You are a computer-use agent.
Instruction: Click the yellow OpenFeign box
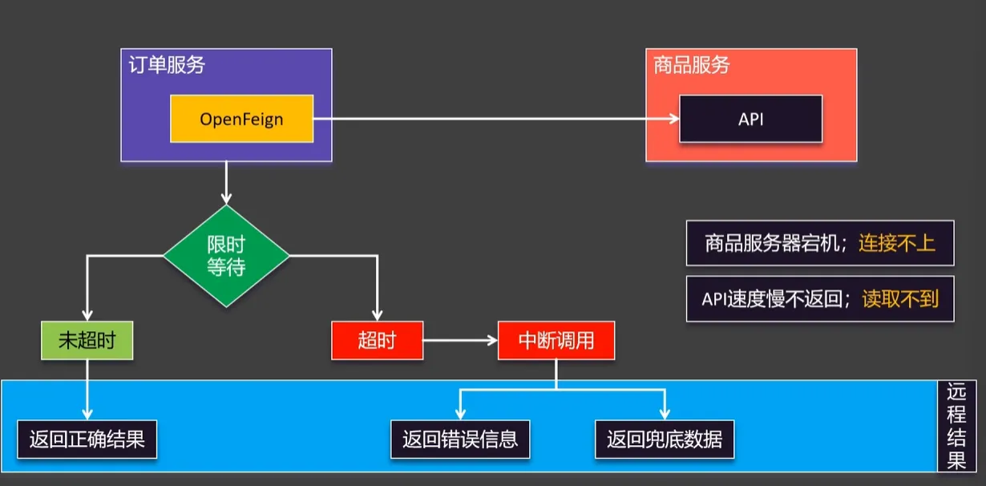tap(241, 119)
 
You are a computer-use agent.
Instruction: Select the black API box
tap(750, 119)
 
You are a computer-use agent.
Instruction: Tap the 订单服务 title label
tap(167, 65)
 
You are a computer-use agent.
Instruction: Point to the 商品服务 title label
tap(691, 65)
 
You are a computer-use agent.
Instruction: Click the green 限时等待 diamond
tap(226, 256)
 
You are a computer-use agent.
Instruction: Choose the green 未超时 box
tap(87, 340)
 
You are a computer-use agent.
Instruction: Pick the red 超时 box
tap(377, 340)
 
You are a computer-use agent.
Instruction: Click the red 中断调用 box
tap(556, 340)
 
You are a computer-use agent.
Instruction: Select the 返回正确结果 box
tap(87, 439)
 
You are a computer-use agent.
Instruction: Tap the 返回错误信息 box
tap(460, 439)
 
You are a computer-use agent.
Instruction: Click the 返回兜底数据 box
tap(665, 439)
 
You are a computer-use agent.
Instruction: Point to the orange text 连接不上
tap(897, 243)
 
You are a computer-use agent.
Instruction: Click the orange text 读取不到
tap(900, 298)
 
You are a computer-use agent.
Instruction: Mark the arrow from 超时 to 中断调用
tap(459, 340)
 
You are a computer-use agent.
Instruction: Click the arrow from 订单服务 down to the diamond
tap(226, 182)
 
